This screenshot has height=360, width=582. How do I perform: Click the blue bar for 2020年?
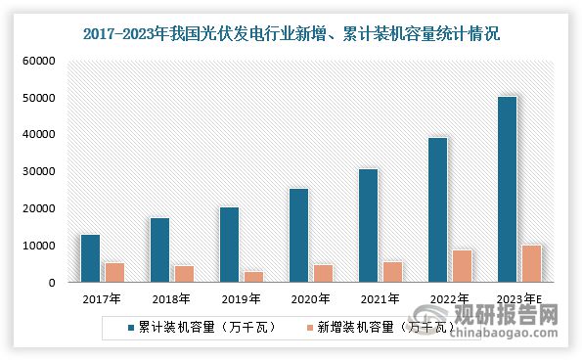pos(298,236)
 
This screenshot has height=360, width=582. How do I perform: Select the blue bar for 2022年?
pos(437,209)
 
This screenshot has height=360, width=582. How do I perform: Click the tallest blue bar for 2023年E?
pos(507,189)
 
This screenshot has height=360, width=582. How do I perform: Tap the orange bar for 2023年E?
pos(530,264)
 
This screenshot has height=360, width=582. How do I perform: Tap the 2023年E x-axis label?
pos(518,298)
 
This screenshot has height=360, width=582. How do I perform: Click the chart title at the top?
pos(291,34)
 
